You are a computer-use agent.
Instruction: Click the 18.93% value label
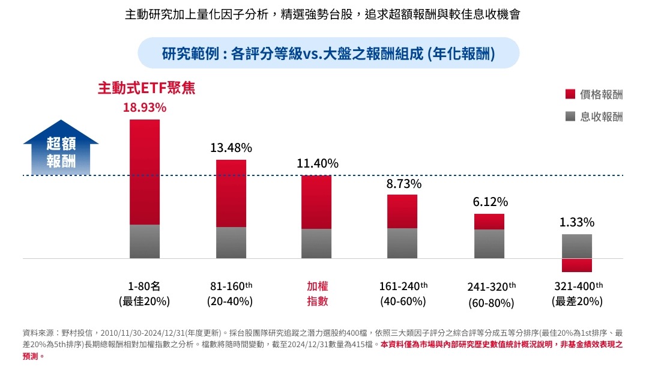[145, 108]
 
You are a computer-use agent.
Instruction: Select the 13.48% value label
[231, 148]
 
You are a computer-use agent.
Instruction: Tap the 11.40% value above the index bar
[318, 163]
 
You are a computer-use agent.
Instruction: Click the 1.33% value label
[577, 223]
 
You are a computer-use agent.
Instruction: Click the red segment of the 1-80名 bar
[145, 172]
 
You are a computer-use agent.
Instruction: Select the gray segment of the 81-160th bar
[231, 243]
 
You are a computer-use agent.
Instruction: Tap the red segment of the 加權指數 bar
[316, 202]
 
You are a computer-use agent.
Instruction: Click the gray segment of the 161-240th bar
[402, 243]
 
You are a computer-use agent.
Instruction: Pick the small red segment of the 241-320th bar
[489, 222]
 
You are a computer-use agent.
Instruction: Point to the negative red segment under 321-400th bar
[577, 265]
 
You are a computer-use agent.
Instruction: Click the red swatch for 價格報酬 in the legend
[570, 94]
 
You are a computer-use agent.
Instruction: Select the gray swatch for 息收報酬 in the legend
[570, 117]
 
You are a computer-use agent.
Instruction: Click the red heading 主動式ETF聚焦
[146, 88]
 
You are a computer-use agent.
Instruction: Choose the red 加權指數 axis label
[318, 294]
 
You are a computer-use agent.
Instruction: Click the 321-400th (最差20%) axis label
[577, 294]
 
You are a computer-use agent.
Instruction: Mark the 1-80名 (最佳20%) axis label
[144, 294]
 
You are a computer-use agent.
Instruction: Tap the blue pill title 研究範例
[328, 53]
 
